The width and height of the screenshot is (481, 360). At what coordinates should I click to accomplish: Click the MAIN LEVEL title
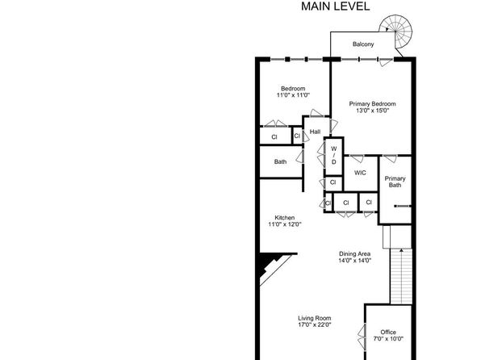(335, 6)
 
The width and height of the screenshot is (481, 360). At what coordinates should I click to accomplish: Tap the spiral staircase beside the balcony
(395, 31)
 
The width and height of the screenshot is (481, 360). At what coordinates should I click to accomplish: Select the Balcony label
(363, 44)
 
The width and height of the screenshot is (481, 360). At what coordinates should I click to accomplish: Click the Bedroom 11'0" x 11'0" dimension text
(293, 95)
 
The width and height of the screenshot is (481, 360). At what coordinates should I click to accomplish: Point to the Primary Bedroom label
(372, 104)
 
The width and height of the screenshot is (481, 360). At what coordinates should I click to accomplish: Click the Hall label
(315, 132)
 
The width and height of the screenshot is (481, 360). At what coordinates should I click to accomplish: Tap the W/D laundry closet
(334, 156)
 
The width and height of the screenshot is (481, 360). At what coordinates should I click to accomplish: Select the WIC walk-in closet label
(360, 173)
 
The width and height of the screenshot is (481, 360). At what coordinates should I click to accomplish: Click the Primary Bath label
(395, 182)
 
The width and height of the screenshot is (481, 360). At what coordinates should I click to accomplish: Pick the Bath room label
(280, 161)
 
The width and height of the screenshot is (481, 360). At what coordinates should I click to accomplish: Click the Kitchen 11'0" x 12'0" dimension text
(285, 224)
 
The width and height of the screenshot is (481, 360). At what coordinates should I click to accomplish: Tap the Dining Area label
(354, 253)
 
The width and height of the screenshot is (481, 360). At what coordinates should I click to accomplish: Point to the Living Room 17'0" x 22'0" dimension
(315, 324)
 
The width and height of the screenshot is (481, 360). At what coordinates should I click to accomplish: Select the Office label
(388, 332)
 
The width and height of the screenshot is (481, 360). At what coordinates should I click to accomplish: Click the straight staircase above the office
(401, 276)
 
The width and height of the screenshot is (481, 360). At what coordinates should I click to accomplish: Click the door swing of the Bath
(300, 157)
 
